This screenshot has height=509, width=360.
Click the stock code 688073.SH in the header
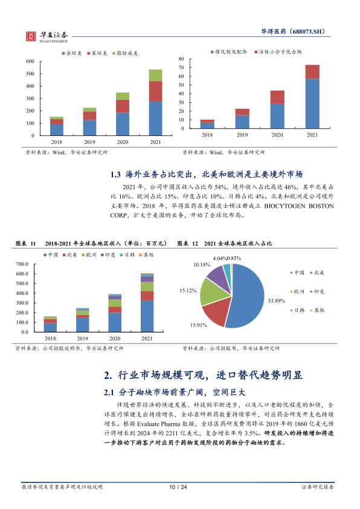tap(308, 31)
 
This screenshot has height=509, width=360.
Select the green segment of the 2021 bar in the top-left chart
tap(155, 76)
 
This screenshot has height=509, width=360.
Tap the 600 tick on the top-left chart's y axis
tap(30, 61)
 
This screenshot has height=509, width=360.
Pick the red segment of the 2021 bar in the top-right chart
tap(312, 72)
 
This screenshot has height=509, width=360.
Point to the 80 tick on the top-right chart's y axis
tap(181, 59)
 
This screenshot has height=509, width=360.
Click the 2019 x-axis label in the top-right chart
tap(242, 135)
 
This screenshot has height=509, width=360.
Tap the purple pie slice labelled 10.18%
tap(218, 279)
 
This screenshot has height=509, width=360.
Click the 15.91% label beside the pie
tap(199, 325)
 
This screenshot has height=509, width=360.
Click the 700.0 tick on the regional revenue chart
tap(22, 264)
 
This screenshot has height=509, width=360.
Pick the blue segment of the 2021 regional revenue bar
tap(147, 316)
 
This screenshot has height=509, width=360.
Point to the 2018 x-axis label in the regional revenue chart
tap(50, 339)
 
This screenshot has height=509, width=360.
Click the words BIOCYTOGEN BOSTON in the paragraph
tap(299, 206)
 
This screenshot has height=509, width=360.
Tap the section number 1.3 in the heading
tap(115, 175)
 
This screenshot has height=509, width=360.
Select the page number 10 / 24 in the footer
tap(178, 487)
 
